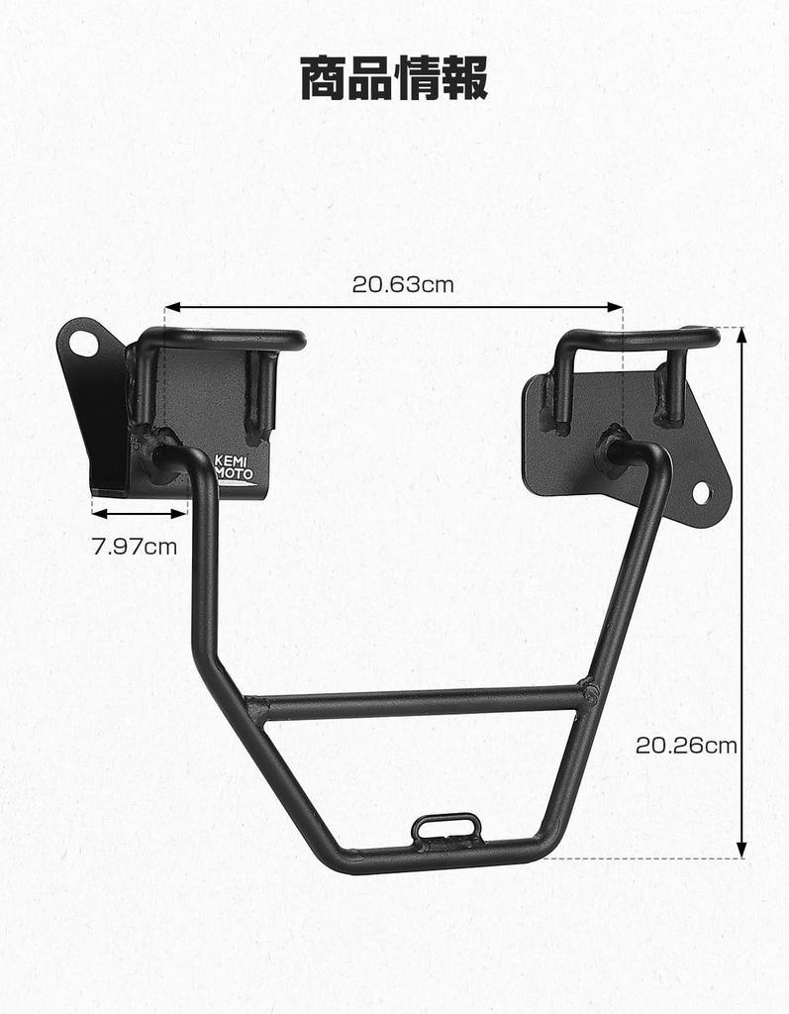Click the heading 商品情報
click(x=394, y=78)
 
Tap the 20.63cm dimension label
click(x=402, y=285)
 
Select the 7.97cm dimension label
click(x=134, y=545)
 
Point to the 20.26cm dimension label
click(x=685, y=746)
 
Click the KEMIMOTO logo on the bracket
click(x=234, y=467)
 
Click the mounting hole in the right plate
click(x=701, y=491)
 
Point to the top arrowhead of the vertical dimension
click(x=742, y=335)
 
